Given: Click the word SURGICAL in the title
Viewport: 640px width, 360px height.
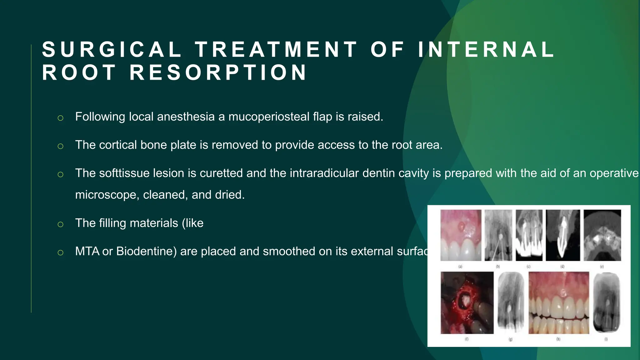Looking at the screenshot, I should tap(112, 50).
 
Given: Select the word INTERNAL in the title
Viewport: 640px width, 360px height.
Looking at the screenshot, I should tap(486, 50).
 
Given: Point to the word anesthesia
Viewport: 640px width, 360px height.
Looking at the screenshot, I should tap(186, 117).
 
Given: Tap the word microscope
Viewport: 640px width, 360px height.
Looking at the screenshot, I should tap(107, 195).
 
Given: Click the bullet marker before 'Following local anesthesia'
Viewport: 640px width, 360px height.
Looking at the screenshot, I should tap(61, 118).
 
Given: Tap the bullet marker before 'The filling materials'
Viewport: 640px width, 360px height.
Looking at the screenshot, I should tap(61, 224).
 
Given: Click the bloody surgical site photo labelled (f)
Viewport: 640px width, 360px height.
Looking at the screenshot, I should tap(467, 302).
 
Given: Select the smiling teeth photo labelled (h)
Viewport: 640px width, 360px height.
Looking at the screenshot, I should tap(558, 302).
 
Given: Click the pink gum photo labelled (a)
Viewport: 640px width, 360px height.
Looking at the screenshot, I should tap(461, 235).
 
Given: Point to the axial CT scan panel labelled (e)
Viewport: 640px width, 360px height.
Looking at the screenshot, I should tap(602, 235).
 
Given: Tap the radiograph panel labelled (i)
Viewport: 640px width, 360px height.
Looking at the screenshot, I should tap(606, 302).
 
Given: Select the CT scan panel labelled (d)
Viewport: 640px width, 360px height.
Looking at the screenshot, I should tap(562, 235).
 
